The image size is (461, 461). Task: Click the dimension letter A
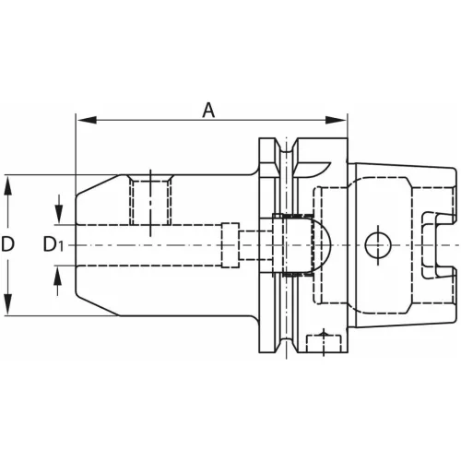tap(209, 110)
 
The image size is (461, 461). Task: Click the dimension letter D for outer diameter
tap(8, 244)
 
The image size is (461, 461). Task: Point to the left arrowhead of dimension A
tap(81, 120)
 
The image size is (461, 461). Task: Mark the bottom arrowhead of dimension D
tap(8, 310)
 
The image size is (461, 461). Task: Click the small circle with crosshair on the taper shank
tap(374, 244)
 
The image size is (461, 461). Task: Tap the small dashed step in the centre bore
tap(231, 244)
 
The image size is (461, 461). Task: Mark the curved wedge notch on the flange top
tap(314, 167)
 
